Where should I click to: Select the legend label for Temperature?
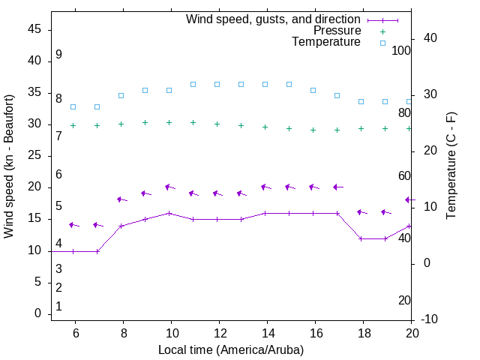[326, 42]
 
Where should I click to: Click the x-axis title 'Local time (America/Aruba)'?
[231, 349]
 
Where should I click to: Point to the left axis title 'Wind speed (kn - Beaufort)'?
[10, 166]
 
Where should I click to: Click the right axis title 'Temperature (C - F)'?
[451, 166]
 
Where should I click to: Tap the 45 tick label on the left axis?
[34, 30]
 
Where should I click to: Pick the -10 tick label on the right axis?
[430, 319]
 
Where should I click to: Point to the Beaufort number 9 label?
[58, 55]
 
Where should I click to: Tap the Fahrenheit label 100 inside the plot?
[401, 50]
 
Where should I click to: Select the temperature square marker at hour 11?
[193, 84]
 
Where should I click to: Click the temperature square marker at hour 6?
[73, 106]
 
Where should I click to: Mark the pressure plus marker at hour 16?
[313, 130]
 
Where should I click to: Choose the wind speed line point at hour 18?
[361, 238]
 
